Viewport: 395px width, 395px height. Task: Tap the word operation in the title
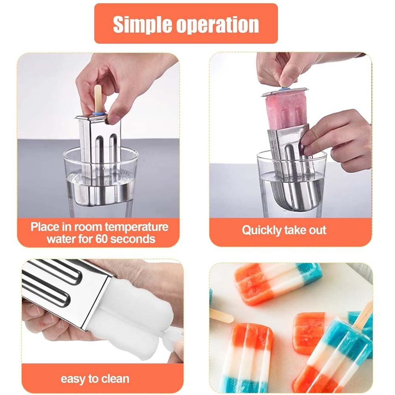(217, 24)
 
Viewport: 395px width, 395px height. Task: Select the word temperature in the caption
(136, 228)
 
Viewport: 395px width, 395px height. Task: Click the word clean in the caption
(115, 379)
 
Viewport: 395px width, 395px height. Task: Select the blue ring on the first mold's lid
(99, 114)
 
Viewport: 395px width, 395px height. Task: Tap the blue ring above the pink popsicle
(285, 89)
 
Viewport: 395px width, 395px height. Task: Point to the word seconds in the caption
(132, 239)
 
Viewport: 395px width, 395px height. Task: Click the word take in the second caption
(295, 230)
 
